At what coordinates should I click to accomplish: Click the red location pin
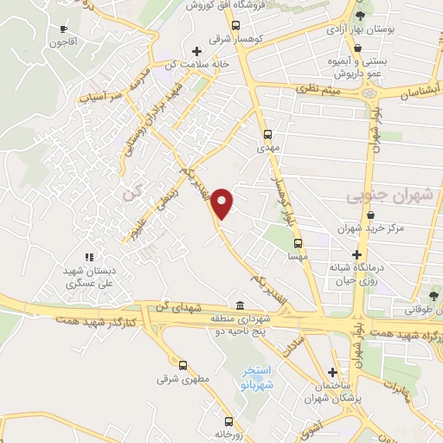coord(223,202)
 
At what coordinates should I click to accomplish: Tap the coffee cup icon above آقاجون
coord(63,29)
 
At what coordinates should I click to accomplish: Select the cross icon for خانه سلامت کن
coord(198,51)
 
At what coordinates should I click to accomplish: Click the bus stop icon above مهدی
coord(266,134)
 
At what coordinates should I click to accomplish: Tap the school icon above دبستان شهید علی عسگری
coord(88,256)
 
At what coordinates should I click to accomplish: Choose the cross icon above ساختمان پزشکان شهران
coord(332,368)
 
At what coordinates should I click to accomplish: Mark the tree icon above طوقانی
coord(433,296)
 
